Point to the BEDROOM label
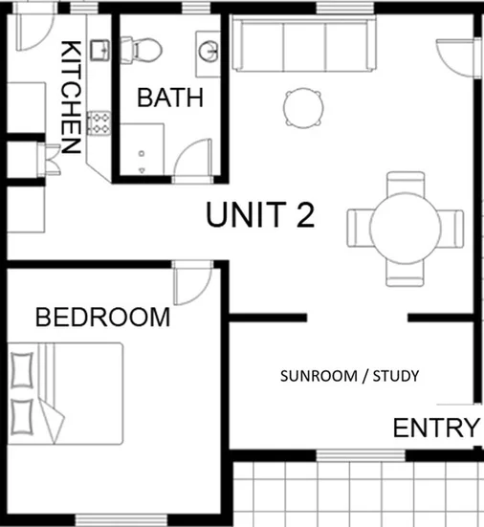click(102, 317)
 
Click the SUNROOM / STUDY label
click(349, 376)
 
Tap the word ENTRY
click(435, 428)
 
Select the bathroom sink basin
click(209, 47)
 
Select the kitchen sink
click(99, 50)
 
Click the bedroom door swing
click(191, 279)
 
